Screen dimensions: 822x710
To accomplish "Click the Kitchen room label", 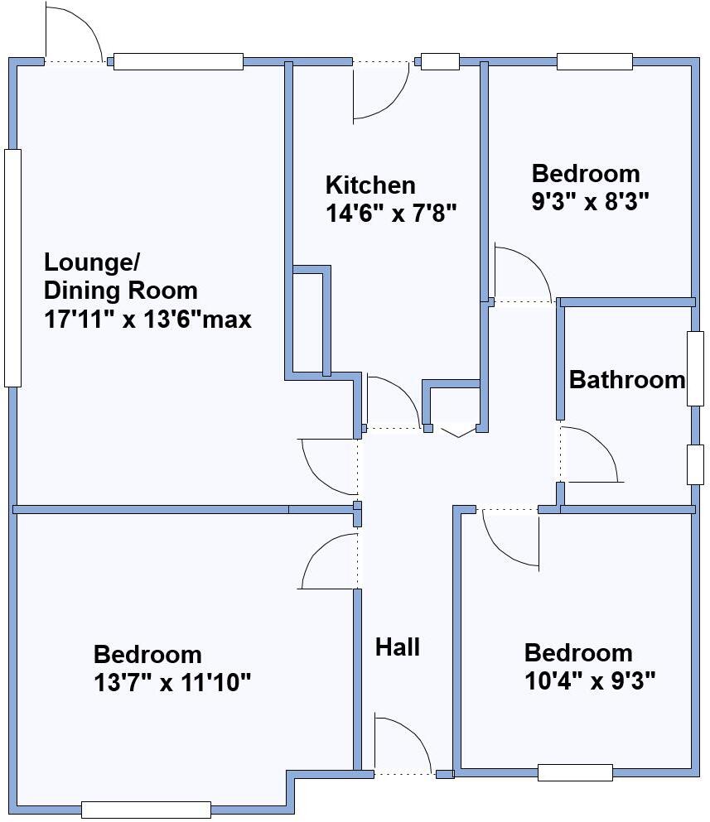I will point(369,184).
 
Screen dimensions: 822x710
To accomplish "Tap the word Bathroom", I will point(627,380).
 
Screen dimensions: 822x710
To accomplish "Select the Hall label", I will point(397,647).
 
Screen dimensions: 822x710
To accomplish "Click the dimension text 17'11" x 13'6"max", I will point(147,320).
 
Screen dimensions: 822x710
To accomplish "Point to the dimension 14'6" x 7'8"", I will point(391,214).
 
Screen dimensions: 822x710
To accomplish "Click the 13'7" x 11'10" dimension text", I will point(172,683).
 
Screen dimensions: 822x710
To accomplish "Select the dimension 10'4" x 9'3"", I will point(590,680).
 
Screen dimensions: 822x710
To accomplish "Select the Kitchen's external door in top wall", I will point(381,91).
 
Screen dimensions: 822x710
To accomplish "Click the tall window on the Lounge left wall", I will point(12,267).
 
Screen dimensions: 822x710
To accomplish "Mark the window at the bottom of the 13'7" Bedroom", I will point(146,810).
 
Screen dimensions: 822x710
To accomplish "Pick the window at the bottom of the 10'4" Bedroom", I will point(575,772).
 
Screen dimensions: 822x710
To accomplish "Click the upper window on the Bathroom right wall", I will point(694,368).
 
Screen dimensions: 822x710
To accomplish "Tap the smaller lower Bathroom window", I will point(694,464).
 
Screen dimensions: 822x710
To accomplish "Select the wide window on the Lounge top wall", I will point(178,61).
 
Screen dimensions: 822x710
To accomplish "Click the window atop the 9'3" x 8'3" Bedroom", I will point(594,61).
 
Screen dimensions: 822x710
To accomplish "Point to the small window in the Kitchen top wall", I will point(440,61).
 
